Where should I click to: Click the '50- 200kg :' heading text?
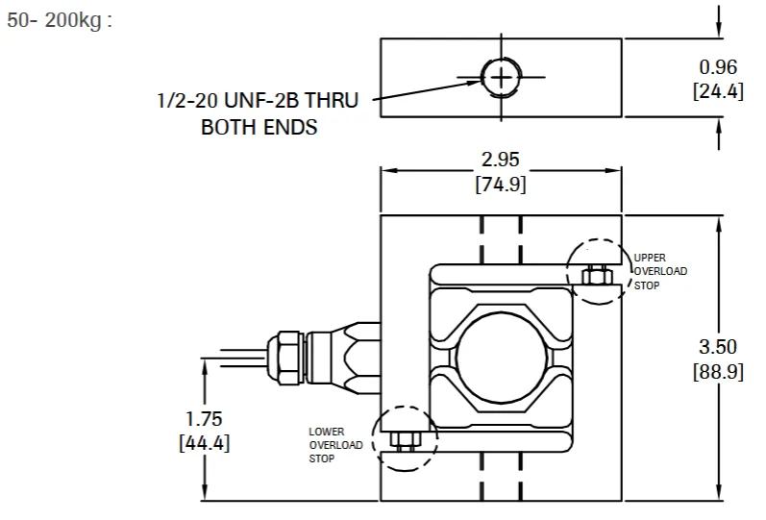60,20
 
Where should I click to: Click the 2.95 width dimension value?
500,160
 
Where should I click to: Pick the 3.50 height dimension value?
717,347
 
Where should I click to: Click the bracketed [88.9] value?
717,371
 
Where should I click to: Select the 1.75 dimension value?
204,419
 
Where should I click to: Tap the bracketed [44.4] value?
204,443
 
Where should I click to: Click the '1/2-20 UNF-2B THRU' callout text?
257,101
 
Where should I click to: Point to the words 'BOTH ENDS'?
259,127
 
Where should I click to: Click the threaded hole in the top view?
500,77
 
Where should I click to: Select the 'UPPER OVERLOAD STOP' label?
659,271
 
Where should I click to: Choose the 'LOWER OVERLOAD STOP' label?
335,445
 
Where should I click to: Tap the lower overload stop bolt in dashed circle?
405,439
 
